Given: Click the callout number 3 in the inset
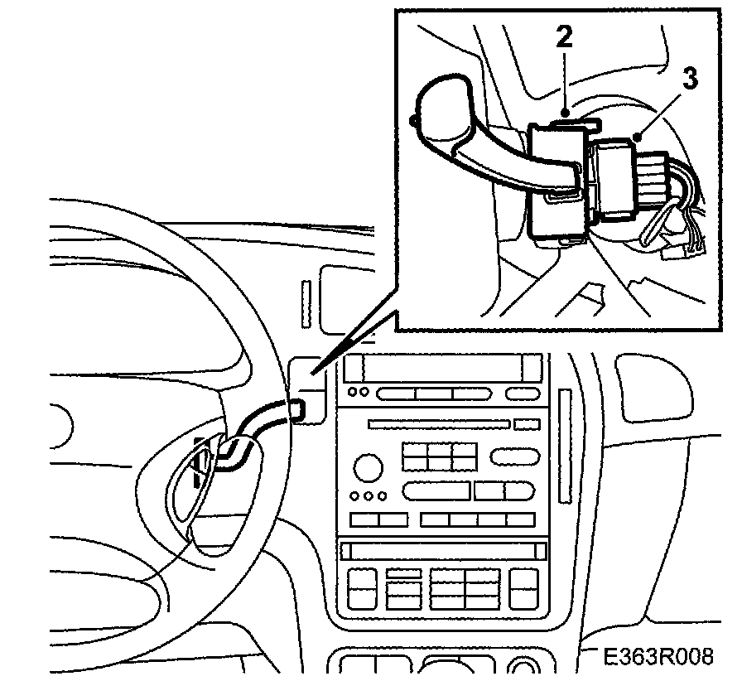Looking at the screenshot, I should (688, 79).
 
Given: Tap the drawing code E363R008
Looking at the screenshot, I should (658, 657).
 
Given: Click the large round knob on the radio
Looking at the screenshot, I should (367, 467).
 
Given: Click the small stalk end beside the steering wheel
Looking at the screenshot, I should (296, 408).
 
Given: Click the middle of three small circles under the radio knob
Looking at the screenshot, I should (369, 496).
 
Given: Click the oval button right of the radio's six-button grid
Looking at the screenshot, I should (514, 456).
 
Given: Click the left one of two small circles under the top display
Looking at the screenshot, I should (354, 392).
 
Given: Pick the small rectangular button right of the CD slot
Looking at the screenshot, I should (526, 425).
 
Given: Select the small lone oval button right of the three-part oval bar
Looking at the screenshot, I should (523, 394).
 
